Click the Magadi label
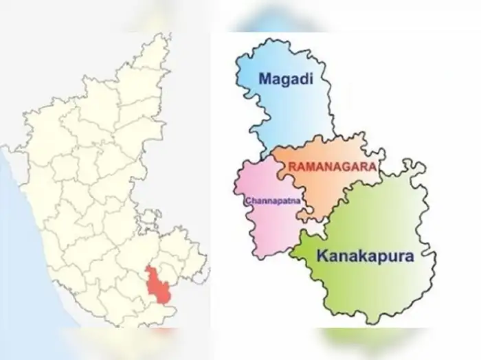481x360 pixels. (285, 79)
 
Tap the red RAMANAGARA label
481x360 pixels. (332, 167)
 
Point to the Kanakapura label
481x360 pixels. (365, 258)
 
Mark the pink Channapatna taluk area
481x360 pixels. (265, 220)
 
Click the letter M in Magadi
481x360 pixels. (266, 79)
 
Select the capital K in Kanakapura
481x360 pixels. (322, 258)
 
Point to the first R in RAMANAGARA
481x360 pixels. (293, 167)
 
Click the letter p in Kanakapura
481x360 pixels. (378, 260)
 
